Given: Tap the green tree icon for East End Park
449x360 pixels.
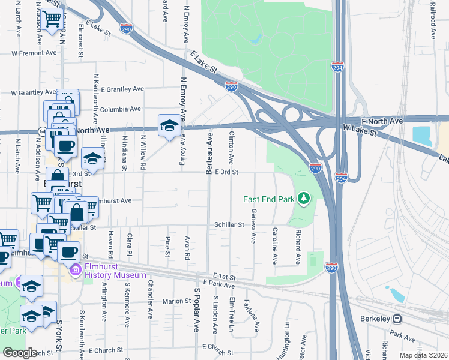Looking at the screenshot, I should [x=304, y=197].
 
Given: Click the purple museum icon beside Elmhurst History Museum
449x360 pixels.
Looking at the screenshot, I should [x=75, y=271].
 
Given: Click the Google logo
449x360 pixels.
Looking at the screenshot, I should [x=19, y=353].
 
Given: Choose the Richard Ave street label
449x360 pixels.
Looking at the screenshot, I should [x=297, y=248].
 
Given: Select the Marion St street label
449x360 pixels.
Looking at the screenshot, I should [x=176, y=301].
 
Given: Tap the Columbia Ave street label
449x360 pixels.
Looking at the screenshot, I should [x=121, y=109].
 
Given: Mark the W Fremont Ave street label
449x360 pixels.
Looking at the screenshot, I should [x=34, y=53].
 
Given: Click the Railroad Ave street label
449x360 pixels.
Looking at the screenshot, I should [x=432, y=21].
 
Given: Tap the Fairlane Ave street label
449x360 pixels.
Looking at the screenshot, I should [x=252, y=316].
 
